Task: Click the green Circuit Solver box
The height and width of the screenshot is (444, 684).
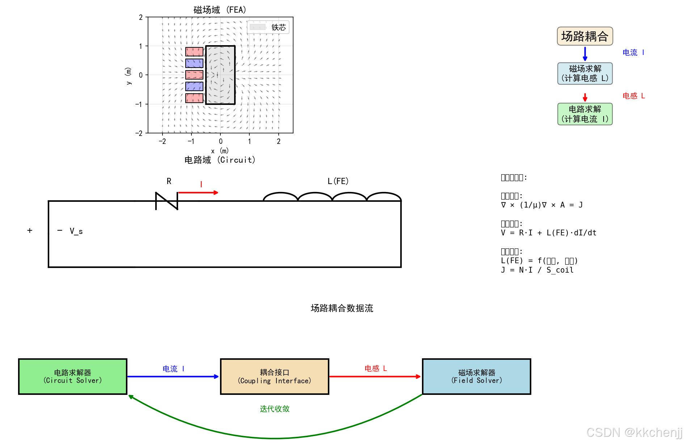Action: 73,376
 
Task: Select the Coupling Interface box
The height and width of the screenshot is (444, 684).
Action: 274,376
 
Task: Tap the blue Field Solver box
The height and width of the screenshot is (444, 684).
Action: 476,376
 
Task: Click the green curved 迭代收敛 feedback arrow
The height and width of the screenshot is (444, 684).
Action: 275,438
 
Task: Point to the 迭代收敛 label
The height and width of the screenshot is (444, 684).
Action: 275,409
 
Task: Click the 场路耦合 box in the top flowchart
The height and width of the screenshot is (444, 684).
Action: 584,36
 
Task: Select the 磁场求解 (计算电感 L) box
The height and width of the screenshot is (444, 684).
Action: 585,73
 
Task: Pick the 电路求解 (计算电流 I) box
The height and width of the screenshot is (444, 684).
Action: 585,114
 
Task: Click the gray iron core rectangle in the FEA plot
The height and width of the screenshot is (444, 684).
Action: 220,75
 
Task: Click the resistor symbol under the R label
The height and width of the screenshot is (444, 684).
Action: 166,201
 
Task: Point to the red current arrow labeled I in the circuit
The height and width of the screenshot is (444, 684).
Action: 198,193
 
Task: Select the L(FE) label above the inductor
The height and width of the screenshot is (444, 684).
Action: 338,181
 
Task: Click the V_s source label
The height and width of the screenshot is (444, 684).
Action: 76,231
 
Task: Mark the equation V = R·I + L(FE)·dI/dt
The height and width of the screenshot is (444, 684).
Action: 549,233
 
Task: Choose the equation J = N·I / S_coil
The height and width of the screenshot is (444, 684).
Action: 537,270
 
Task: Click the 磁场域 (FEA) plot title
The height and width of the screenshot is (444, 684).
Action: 220,10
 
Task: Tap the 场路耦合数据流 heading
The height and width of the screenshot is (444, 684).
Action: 342,308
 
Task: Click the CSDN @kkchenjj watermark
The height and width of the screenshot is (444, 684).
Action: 634,432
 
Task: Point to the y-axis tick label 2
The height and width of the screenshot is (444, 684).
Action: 141,17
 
